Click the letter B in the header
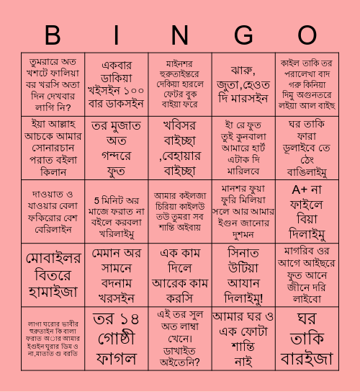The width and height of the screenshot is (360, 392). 53,35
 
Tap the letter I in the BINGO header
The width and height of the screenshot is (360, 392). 117,35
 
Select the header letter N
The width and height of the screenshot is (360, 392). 180,35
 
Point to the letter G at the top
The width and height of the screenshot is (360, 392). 243,35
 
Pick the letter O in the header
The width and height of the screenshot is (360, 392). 307,35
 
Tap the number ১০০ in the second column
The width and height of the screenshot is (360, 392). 134,91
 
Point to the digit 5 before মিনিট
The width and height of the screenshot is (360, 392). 96,197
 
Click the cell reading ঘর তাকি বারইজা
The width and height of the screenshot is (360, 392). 307,338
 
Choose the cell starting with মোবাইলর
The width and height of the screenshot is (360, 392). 53,274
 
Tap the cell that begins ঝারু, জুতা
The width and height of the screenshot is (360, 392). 243,84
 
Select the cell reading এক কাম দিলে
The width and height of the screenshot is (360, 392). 180,275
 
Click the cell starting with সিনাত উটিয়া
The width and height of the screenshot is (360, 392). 243,275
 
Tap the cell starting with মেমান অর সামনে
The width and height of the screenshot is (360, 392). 117,275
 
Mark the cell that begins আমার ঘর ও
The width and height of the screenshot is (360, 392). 243,338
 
